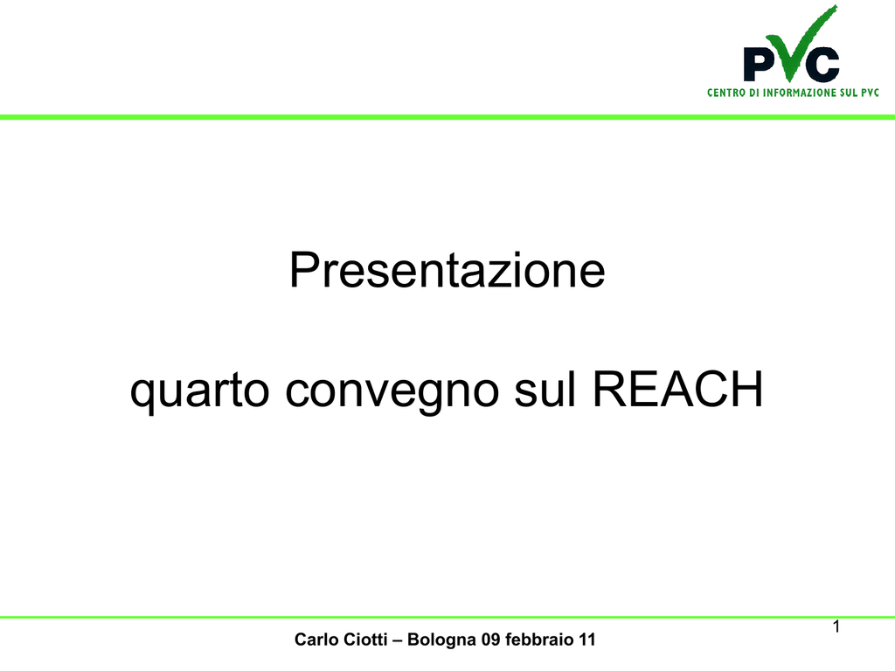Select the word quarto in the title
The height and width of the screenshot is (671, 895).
pyautogui.click(x=199, y=391)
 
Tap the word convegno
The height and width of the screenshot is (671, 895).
pyautogui.click(x=392, y=391)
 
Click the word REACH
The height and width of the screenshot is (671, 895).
pyautogui.click(x=678, y=389)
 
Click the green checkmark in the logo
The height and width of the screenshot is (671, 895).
pyautogui.click(x=801, y=44)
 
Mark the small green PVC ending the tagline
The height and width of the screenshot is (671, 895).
pyautogui.click(x=870, y=93)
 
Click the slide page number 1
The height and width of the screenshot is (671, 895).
pyautogui.click(x=836, y=626)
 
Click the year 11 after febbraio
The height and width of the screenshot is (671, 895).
pyautogui.click(x=587, y=640)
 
